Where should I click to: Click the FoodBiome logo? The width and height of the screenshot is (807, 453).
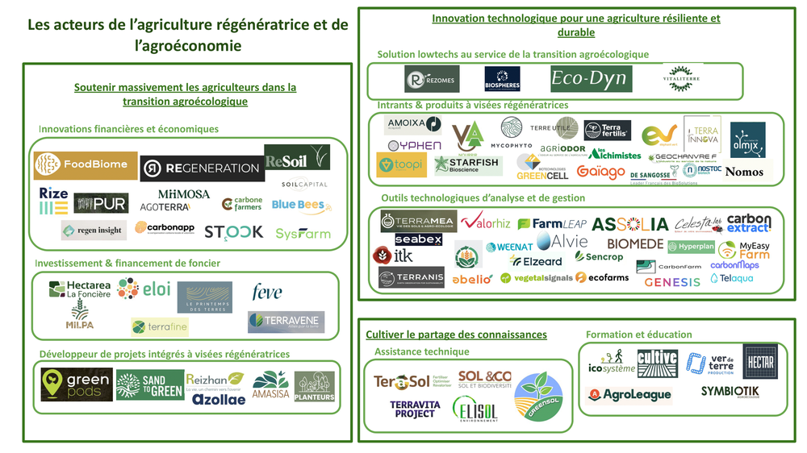(86, 164)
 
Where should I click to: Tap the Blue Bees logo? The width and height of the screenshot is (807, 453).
(298, 206)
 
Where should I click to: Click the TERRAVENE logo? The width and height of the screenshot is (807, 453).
(286, 322)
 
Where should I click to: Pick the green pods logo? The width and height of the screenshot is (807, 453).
(77, 384)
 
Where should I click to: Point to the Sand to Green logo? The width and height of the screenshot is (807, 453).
(150, 384)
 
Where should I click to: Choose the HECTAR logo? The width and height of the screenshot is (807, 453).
(759, 362)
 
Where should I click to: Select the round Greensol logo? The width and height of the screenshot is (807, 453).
(537, 395)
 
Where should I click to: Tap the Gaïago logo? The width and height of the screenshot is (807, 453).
(600, 172)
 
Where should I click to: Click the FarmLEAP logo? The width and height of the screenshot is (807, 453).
(551, 223)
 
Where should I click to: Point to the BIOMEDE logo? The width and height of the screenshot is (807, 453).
(635, 243)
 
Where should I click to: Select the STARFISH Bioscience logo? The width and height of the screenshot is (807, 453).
(466, 165)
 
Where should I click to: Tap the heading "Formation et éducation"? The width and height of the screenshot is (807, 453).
(638, 335)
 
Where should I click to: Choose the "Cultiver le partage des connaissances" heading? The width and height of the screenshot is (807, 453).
(456, 335)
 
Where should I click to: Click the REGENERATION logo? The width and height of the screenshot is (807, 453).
(202, 168)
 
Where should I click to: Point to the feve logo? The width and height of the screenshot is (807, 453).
(266, 291)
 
